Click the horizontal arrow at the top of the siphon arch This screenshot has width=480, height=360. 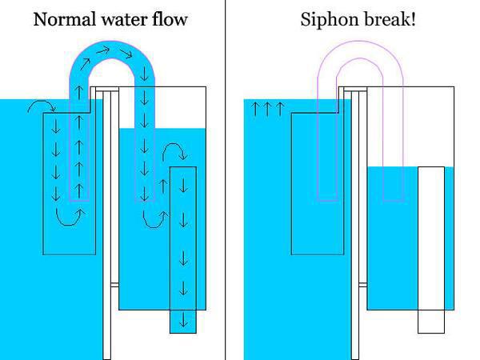pos(103,50)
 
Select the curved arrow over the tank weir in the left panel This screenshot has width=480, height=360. pos(42,106)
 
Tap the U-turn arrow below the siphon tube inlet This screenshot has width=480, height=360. pos(70,217)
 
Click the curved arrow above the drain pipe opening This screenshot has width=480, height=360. pos(174,150)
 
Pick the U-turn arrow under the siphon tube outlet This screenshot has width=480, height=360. pos(155,220)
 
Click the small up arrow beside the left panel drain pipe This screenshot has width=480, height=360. pos(164,186)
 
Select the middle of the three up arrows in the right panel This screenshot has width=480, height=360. pos(267,110)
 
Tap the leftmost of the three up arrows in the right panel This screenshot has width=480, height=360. pos(255,110)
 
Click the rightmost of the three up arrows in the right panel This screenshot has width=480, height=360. pos(280,110)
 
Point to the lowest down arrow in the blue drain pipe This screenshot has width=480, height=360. pos(183,320)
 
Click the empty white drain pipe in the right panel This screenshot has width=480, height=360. pos(431,250)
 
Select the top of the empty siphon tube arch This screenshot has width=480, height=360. pos(360,42)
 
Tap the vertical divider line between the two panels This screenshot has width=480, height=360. pos(226,180)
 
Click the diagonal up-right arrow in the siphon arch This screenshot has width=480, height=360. pos(86,64)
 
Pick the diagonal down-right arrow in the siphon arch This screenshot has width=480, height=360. pos(126,54)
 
